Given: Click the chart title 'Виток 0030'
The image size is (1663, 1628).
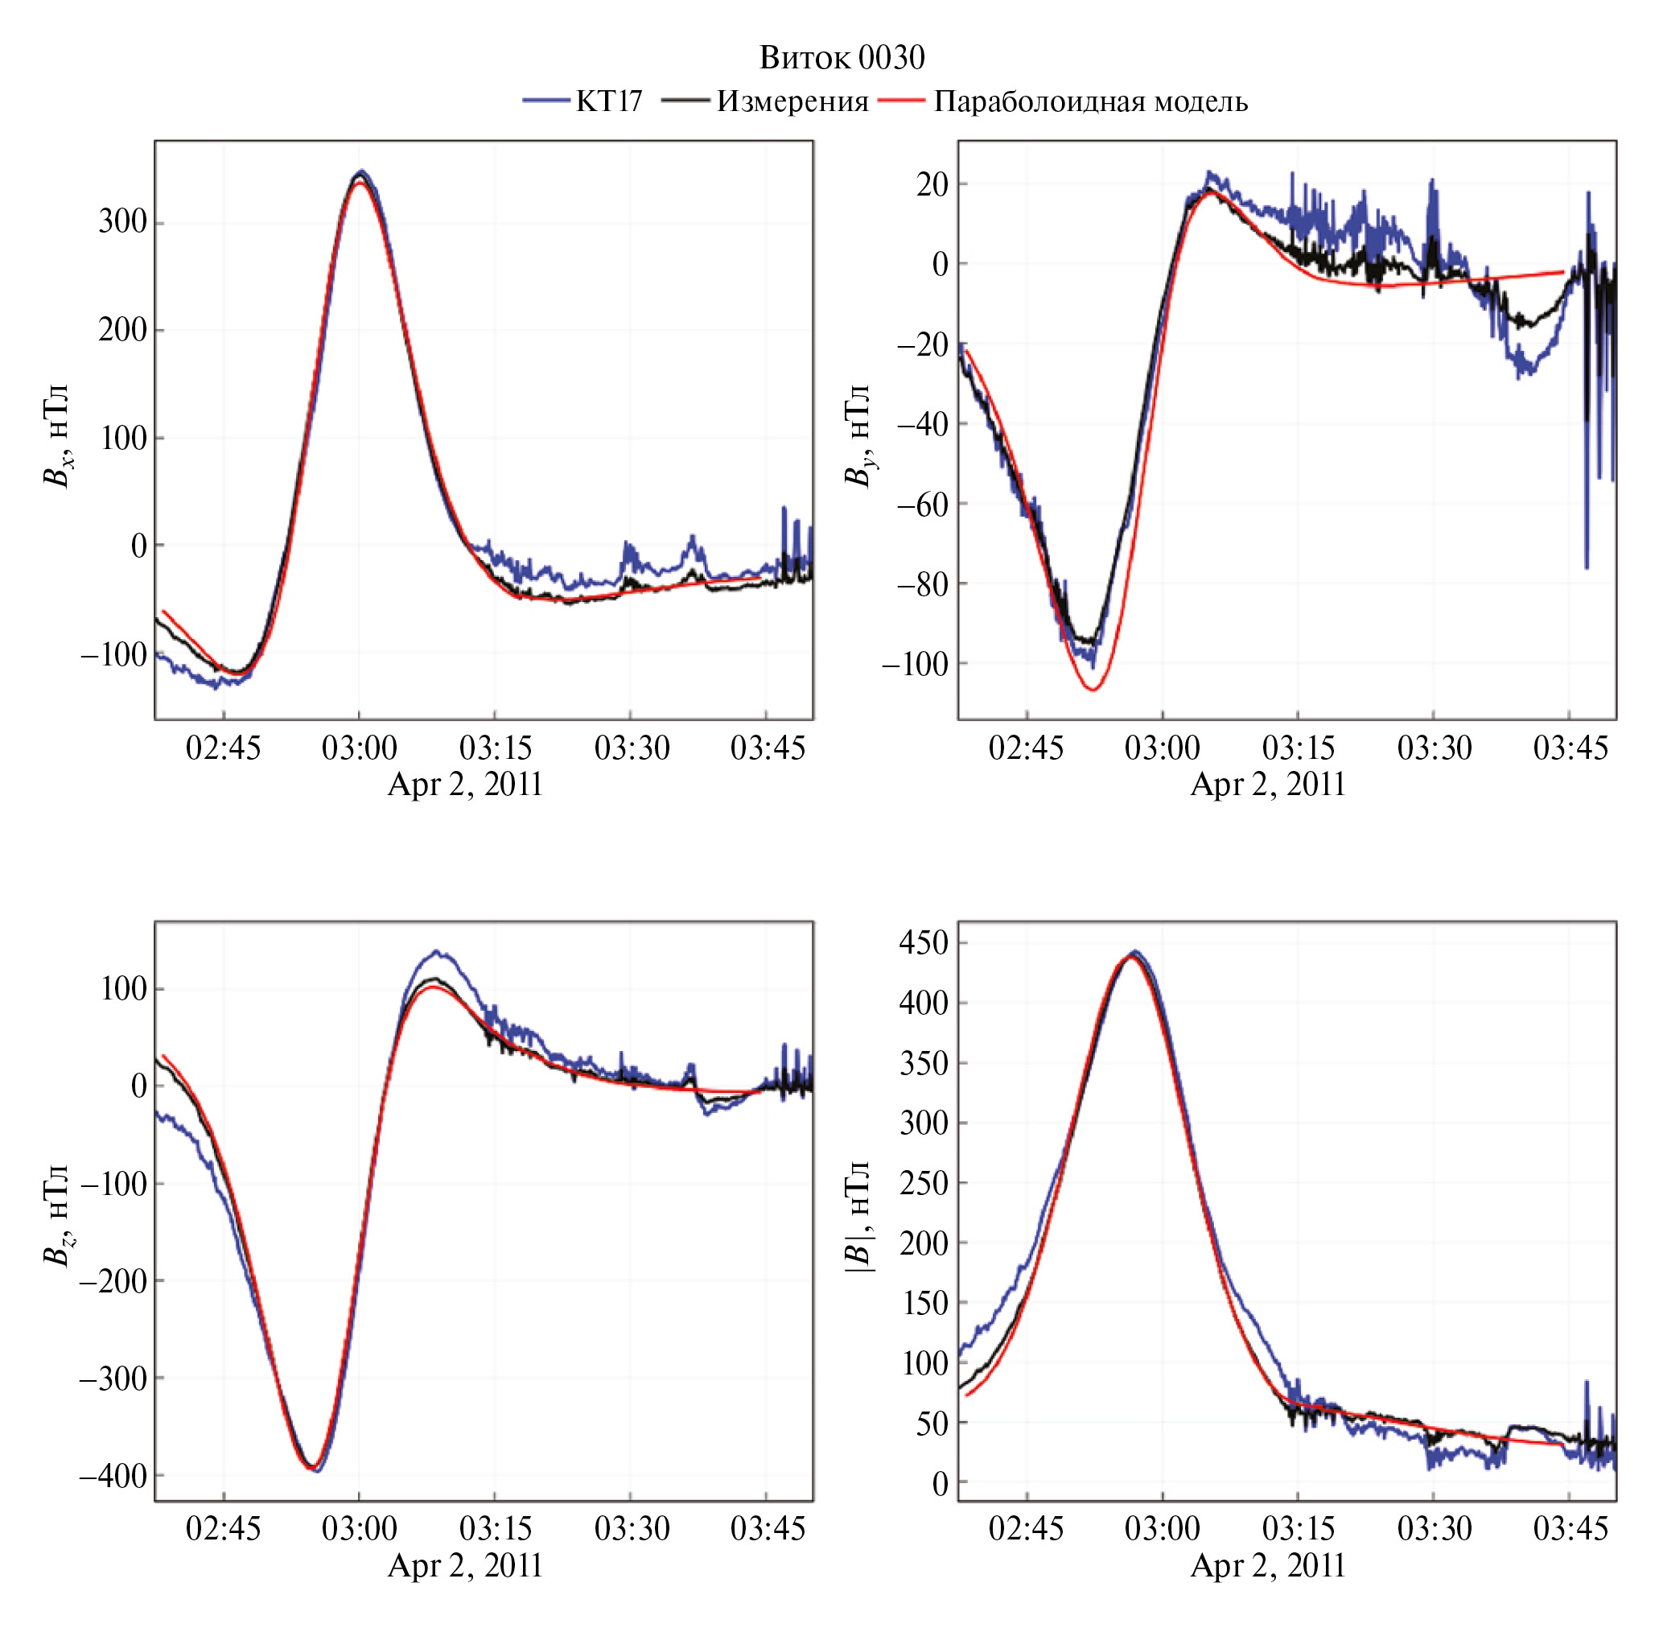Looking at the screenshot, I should (842, 58).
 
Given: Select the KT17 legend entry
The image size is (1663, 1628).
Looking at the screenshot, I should (608, 101).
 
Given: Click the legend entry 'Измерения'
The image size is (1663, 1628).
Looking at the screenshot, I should (792, 101).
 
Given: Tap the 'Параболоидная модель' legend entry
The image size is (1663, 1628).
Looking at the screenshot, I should (1090, 101).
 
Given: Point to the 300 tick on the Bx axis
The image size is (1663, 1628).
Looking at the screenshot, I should (122, 221).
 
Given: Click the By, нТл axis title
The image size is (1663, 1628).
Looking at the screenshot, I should (858, 435).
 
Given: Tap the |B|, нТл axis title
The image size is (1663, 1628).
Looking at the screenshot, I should (858, 1215).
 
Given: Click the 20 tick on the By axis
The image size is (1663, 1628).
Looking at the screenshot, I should (931, 183).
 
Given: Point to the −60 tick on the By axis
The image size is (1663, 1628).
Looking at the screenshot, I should (923, 504).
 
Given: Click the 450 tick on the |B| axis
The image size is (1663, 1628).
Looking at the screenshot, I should (924, 942).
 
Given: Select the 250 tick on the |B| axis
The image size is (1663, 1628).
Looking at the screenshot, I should (924, 1182).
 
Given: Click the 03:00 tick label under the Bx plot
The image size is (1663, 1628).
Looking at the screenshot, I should (359, 748).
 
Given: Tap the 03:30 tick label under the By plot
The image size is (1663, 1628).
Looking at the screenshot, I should (1434, 748).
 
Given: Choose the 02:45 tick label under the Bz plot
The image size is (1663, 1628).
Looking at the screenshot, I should (223, 1528).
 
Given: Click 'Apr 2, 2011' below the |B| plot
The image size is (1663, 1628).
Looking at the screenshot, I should (1268, 1564).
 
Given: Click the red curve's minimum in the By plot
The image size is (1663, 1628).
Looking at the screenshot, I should (1093, 689).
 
